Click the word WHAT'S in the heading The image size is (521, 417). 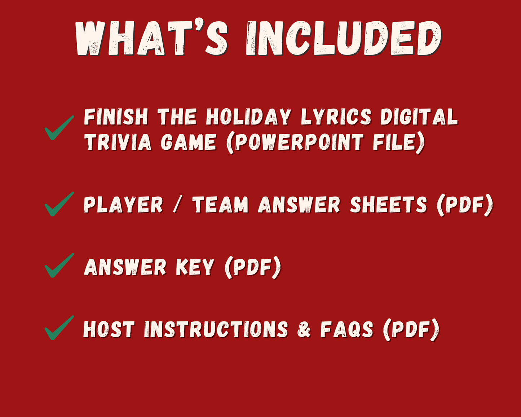point(151,39)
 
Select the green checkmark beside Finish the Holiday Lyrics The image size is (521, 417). point(59,128)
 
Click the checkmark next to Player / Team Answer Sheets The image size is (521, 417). point(59,204)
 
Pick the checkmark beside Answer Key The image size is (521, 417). point(59,265)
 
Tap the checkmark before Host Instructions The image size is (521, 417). point(59,328)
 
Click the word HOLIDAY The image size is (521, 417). point(248,117)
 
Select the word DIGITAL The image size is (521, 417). point(419,117)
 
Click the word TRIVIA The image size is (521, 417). point(118,142)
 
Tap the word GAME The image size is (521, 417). point(188,142)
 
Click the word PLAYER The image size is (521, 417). point(123,205)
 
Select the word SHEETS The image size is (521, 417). point(388,205)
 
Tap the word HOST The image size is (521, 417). point(109,329)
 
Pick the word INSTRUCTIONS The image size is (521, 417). point(216,329)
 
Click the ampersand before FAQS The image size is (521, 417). point(304,330)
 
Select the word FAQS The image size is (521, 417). point(346,329)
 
